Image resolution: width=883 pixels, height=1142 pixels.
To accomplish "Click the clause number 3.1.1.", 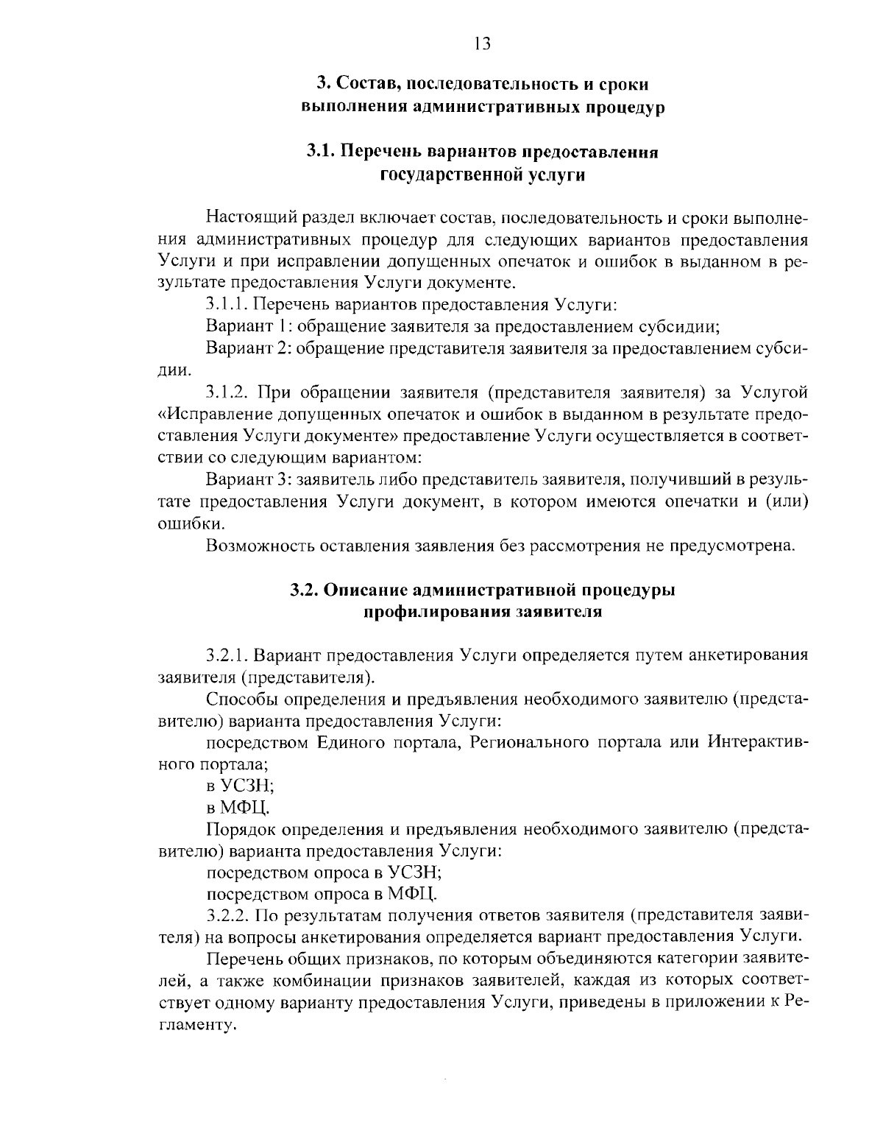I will pos(230,305).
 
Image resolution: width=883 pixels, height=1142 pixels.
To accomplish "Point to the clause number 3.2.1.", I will pos(231,655).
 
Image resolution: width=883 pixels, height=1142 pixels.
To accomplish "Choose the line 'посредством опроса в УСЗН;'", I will pos(324,873).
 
